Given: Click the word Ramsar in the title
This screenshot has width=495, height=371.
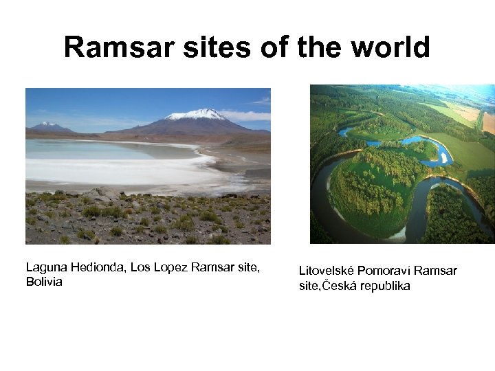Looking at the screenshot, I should [x=113, y=47].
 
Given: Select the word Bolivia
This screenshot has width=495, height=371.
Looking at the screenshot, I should [x=44, y=282].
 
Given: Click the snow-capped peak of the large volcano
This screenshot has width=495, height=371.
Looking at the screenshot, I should [x=197, y=114].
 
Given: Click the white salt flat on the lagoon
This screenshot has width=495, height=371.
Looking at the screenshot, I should [x=117, y=168].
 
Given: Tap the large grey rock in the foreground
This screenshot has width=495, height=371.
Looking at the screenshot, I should [x=103, y=194].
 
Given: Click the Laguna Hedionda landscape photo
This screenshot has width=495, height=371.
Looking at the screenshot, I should [x=148, y=166].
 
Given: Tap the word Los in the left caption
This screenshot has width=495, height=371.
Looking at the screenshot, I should [x=138, y=267].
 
